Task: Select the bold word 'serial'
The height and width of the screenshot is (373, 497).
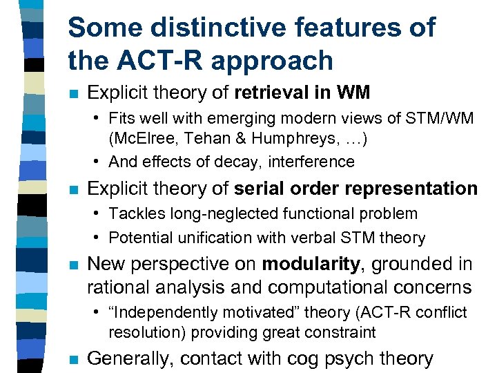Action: [x=257, y=189]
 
